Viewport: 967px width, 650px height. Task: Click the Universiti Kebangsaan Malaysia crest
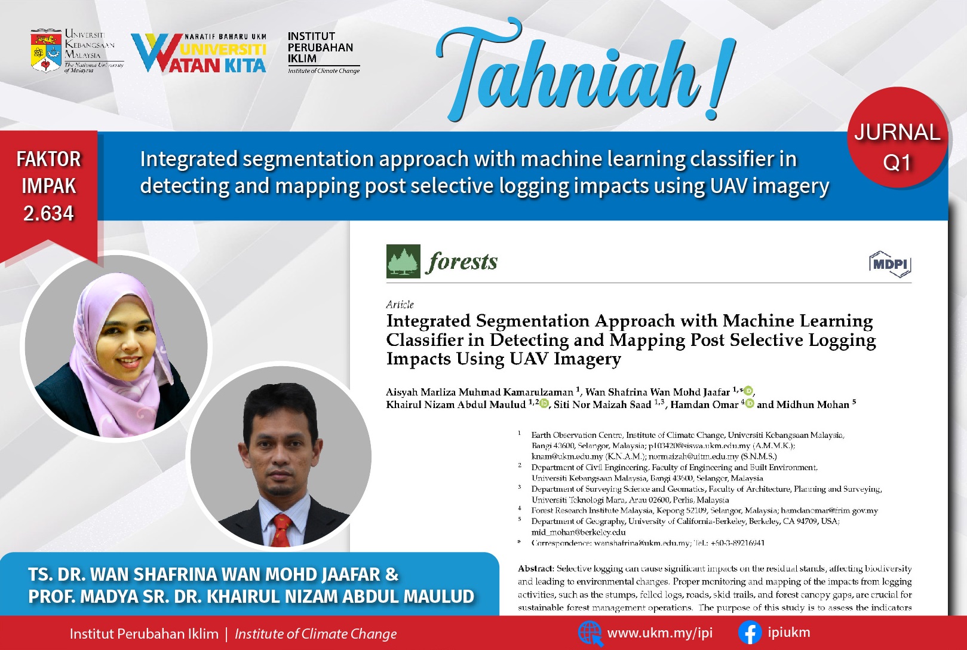pos(46,51)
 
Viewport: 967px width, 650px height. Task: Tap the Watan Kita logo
pos(198,53)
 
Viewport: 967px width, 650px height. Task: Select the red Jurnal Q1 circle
pos(898,137)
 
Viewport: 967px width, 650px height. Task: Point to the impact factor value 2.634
pos(48,213)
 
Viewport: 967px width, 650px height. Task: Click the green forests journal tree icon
pos(403,261)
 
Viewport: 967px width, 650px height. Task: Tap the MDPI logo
pos(890,264)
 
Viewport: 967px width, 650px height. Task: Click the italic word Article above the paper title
pos(400,305)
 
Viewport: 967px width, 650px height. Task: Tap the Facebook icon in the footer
pos(750,633)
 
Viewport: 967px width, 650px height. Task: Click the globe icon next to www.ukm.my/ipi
pos(590,633)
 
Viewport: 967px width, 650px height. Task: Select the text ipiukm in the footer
pos(788,633)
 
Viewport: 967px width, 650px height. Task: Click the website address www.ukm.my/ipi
pos(660,633)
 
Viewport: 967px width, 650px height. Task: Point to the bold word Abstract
pos(536,568)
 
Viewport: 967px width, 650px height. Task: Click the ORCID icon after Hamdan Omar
pos(750,404)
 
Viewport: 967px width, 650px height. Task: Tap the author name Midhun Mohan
pos(813,404)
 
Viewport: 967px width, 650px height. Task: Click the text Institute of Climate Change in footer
pos(315,634)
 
